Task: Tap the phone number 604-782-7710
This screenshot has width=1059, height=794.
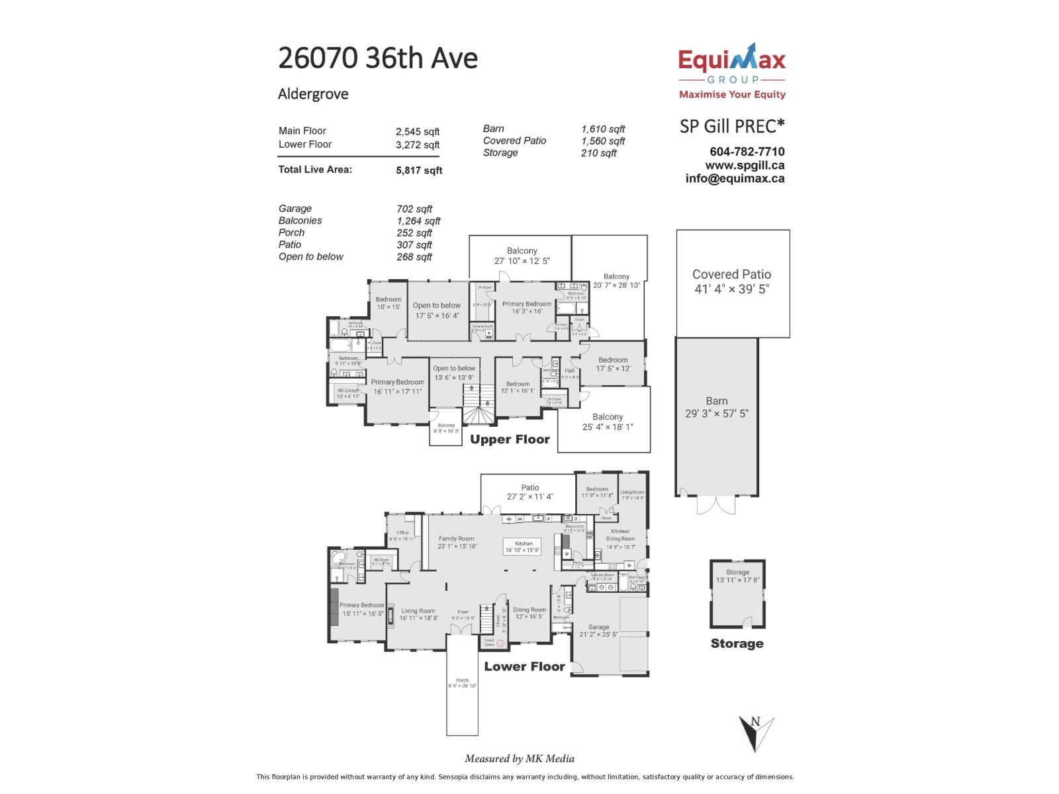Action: click(747, 152)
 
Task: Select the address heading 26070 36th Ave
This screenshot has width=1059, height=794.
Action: click(377, 58)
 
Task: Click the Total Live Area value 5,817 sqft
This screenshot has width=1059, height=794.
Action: click(419, 170)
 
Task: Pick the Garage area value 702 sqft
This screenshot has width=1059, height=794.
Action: click(414, 209)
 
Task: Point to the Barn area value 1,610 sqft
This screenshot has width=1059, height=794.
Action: click(602, 129)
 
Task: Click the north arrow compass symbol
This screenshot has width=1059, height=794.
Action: click(756, 732)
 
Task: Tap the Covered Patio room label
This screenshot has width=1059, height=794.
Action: click(731, 274)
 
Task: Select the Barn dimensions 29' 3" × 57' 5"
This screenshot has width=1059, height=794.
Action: click(716, 414)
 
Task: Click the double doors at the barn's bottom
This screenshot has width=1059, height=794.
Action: click(716, 505)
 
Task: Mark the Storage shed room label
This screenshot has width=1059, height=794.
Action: click(737, 572)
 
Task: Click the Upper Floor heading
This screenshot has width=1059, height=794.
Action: click(510, 439)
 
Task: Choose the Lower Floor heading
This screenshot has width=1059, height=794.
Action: click(524, 666)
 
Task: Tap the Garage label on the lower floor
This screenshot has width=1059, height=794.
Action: click(598, 627)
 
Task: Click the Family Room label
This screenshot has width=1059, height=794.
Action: click(456, 539)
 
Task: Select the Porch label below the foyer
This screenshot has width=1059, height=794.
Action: click(462, 680)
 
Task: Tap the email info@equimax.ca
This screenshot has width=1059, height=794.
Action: click(735, 178)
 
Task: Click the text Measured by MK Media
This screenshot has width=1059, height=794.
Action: click(519, 759)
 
